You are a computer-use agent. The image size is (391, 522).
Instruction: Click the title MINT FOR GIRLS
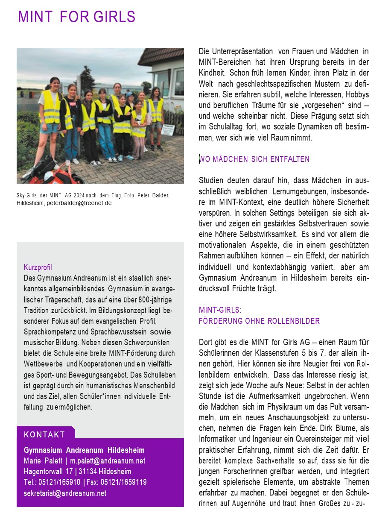tap(76, 17)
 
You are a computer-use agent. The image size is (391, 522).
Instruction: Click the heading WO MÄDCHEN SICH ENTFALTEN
tap(254, 159)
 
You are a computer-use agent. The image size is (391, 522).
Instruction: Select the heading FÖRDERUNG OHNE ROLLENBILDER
tap(259, 321)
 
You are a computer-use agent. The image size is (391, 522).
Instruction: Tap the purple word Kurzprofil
tap(38, 267)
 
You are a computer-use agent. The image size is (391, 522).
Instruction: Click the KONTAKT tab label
tap(44, 434)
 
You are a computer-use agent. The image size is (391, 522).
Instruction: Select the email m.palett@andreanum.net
tap(108, 461)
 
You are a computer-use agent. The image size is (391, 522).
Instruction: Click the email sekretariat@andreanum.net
tap(65, 493)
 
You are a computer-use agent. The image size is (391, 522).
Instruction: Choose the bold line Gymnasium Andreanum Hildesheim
tap(84, 450)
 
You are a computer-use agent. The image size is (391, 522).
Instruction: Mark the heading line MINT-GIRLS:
tap(220, 310)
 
